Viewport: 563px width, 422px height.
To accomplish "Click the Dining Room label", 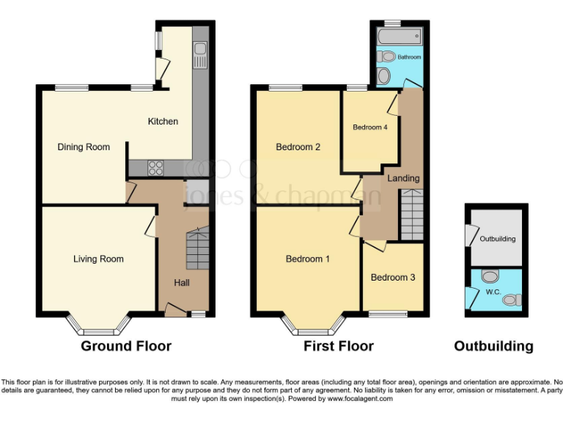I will (x=84, y=147).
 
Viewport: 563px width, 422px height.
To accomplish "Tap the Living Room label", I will (x=98, y=259).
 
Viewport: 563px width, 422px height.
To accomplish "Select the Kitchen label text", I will (x=163, y=122).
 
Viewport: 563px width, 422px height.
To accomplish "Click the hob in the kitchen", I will (x=156, y=167).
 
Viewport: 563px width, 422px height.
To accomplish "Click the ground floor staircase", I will (x=196, y=249).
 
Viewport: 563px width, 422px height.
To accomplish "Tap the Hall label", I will (x=182, y=283).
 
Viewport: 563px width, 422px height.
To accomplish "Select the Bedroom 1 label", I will (x=307, y=259).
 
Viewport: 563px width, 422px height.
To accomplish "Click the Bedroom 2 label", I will (x=298, y=147).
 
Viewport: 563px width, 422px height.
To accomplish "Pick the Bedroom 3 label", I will (x=392, y=278).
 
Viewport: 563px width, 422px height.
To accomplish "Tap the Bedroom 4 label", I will (x=369, y=127).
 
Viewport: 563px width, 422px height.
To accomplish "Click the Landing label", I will (x=403, y=178).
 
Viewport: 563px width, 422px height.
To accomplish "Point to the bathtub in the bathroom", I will (x=398, y=35).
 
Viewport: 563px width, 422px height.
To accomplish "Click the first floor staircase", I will (x=411, y=214).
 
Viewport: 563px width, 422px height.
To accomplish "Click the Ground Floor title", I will (x=126, y=346).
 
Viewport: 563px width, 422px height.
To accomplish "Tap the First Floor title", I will (x=339, y=346).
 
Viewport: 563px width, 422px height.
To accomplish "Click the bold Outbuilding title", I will (x=493, y=346).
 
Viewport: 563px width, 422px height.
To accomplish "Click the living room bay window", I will (x=99, y=323).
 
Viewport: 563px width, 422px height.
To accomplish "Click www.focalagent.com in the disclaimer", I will (x=359, y=399).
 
